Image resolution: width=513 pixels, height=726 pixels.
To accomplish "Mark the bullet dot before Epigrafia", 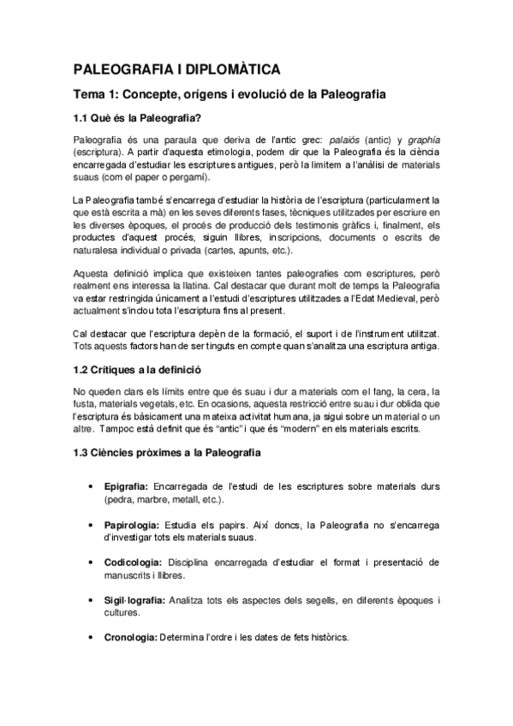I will click(91, 486).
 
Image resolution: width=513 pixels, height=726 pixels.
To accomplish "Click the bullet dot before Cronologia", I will click(91, 638).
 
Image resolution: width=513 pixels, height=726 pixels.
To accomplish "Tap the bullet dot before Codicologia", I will click(91, 562).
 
